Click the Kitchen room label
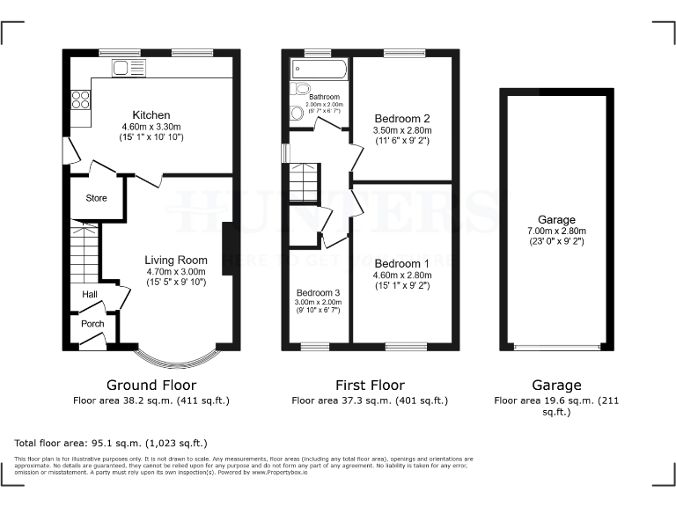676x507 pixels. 151,115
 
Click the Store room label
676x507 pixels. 96,198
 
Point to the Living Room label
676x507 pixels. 176,260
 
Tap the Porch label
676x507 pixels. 92,324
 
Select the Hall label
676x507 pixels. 90,294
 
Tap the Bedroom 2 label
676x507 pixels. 401,119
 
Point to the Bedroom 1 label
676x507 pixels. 401,263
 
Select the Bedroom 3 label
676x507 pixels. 318,292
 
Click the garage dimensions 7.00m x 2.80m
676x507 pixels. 557,231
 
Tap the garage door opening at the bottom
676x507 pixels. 557,348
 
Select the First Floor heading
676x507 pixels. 370,385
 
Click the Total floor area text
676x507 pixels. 111,443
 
